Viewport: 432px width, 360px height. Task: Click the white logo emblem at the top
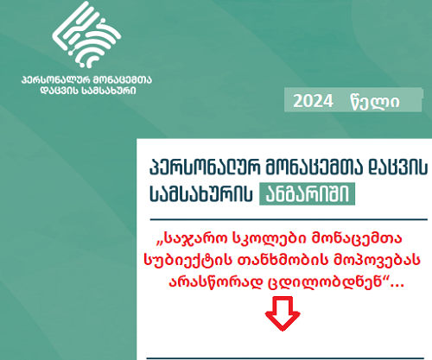point(86,35)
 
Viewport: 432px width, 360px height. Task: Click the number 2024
point(313,101)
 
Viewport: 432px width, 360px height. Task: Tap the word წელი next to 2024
point(375,102)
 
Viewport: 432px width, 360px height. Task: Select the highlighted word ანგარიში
point(307,193)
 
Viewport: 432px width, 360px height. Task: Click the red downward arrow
point(283,313)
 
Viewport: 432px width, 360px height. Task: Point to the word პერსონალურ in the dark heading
point(205,167)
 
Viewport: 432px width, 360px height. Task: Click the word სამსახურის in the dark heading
point(201,193)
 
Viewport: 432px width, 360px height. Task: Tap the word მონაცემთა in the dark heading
point(314,167)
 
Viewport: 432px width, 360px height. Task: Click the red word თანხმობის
point(283,260)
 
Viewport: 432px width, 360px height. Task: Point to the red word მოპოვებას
point(377,260)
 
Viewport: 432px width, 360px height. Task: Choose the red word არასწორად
point(216,282)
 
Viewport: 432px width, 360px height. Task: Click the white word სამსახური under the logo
point(110,91)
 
